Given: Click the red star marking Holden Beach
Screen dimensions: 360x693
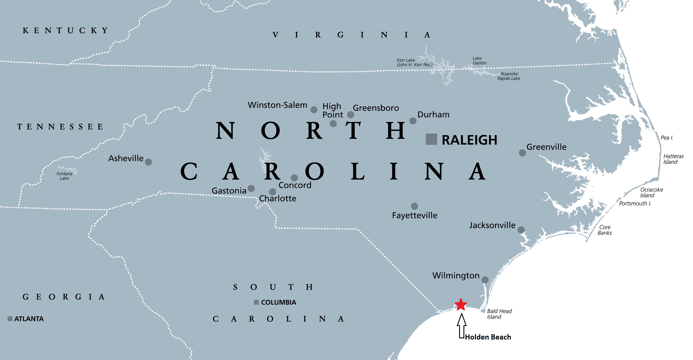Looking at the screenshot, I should point(461,304).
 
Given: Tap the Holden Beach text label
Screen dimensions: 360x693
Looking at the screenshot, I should point(488,337).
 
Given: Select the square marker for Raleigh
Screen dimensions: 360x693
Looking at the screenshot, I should point(431,139).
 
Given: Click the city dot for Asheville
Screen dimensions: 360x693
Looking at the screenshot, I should point(148,162).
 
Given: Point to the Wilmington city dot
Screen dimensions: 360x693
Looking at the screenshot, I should point(485,280).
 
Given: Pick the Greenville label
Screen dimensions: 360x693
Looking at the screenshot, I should point(546,147).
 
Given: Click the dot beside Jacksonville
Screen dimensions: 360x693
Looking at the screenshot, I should point(521,230).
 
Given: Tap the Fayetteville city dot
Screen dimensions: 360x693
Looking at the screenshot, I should point(414,206).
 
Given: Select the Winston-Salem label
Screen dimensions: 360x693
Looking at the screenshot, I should point(277,105).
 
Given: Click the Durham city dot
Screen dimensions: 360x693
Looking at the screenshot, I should point(413,121).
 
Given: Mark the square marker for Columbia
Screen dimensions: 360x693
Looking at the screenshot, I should point(256,302).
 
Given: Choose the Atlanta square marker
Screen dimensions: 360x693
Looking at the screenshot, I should point(10,319).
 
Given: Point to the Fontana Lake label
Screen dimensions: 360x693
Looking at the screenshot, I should point(64,176).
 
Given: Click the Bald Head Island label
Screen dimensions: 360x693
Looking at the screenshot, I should point(499,314).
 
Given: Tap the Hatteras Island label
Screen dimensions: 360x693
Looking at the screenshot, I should point(673,159).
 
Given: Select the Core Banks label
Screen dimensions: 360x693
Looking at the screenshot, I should point(605,230).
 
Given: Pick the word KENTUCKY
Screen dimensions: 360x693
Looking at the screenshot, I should point(65,31).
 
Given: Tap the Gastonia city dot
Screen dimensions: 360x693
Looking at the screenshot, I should point(251,188).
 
